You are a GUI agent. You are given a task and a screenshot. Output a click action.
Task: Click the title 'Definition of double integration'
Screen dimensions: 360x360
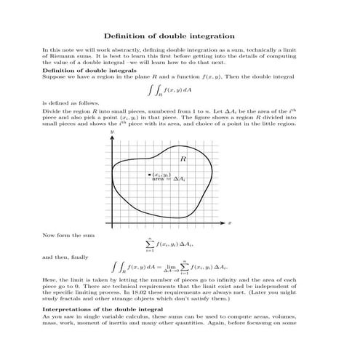click(x=179, y=36)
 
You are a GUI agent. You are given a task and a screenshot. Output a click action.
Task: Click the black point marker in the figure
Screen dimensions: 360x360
click(x=149, y=175)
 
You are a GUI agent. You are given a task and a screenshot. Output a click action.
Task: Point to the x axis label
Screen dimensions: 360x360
click(x=229, y=222)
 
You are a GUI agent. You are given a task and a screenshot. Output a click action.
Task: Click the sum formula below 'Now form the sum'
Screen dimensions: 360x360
click(x=179, y=244)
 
